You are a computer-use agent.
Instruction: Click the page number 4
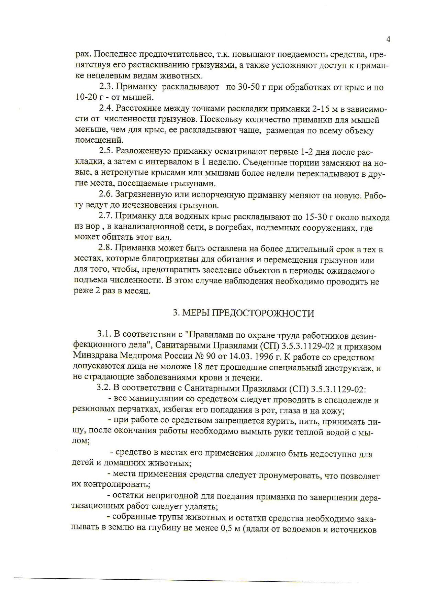click(388, 40)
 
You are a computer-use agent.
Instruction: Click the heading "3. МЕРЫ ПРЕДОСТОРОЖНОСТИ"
click(243, 313)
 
